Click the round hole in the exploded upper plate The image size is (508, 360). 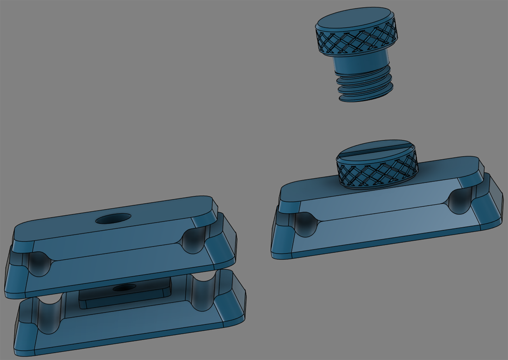pos(113,218)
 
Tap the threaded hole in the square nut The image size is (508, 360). pos(122,288)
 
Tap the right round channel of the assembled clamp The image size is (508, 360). pos(459,200)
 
